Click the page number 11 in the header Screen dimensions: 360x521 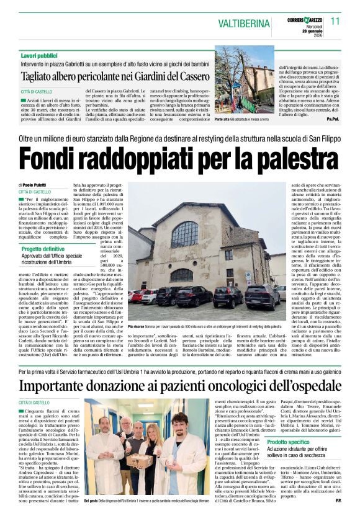point(336,20)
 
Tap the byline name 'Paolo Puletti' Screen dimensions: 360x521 point(37,185)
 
